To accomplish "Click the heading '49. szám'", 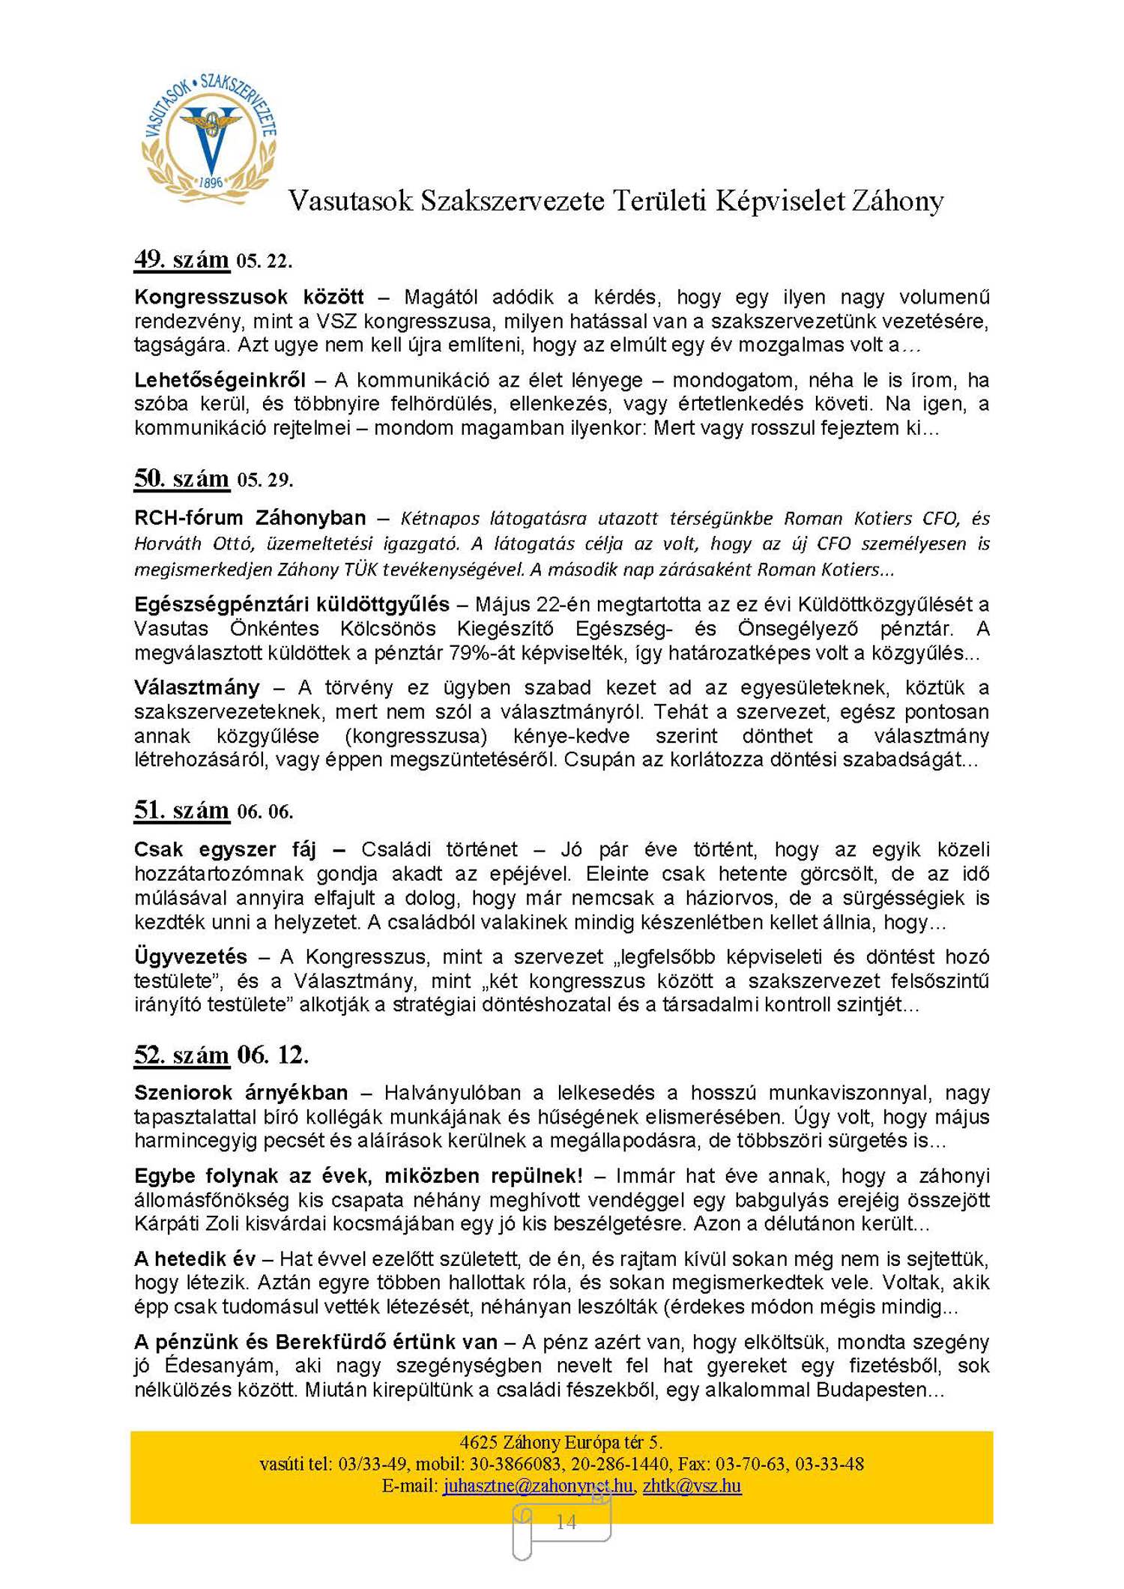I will [182, 259].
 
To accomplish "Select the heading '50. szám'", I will [182, 478].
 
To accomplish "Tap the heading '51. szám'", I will [182, 810].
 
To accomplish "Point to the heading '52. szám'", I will [182, 1055].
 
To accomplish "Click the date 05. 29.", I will [265, 480].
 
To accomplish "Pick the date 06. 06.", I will [265, 812].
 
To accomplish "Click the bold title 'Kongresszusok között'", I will [249, 298].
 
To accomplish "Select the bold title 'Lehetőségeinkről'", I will [220, 380].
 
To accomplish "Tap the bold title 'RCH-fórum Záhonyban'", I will [250, 518].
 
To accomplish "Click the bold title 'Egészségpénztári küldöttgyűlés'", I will [291, 604].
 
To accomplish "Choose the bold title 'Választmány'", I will [197, 687].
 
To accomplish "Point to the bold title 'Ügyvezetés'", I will [190, 956].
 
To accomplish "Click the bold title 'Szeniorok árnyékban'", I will [241, 1092].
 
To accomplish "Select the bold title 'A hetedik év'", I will [195, 1258].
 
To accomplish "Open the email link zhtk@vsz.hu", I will [692, 1486].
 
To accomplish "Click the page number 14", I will [566, 1522].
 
